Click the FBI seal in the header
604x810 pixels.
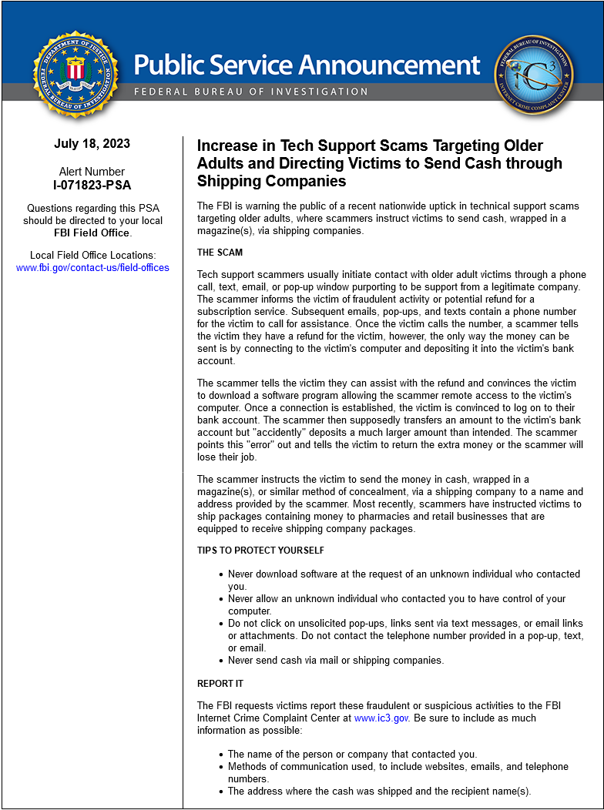click(75, 75)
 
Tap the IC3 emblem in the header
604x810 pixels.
click(533, 75)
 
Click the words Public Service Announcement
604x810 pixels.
click(307, 65)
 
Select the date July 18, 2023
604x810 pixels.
click(92, 144)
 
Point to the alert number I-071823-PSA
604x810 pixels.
click(92, 185)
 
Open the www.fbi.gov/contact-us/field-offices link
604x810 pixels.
click(92, 268)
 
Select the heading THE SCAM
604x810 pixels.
click(219, 253)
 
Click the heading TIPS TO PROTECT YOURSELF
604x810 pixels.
click(260, 551)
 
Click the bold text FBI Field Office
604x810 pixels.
click(92, 233)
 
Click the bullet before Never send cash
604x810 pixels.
click(221, 661)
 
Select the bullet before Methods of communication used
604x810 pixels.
click(221, 767)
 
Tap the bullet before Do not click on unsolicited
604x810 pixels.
click(221, 624)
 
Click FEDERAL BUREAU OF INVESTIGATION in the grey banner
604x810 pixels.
click(251, 92)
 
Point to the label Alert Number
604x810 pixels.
click(92, 172)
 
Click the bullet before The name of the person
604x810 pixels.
click(221, 755)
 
